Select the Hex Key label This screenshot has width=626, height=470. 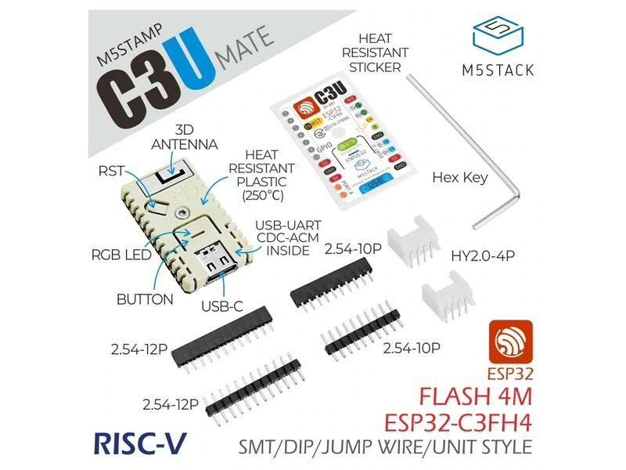click(460, 178)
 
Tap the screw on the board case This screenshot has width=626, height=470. click(183, 211)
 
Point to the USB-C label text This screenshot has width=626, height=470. click(222, 307)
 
